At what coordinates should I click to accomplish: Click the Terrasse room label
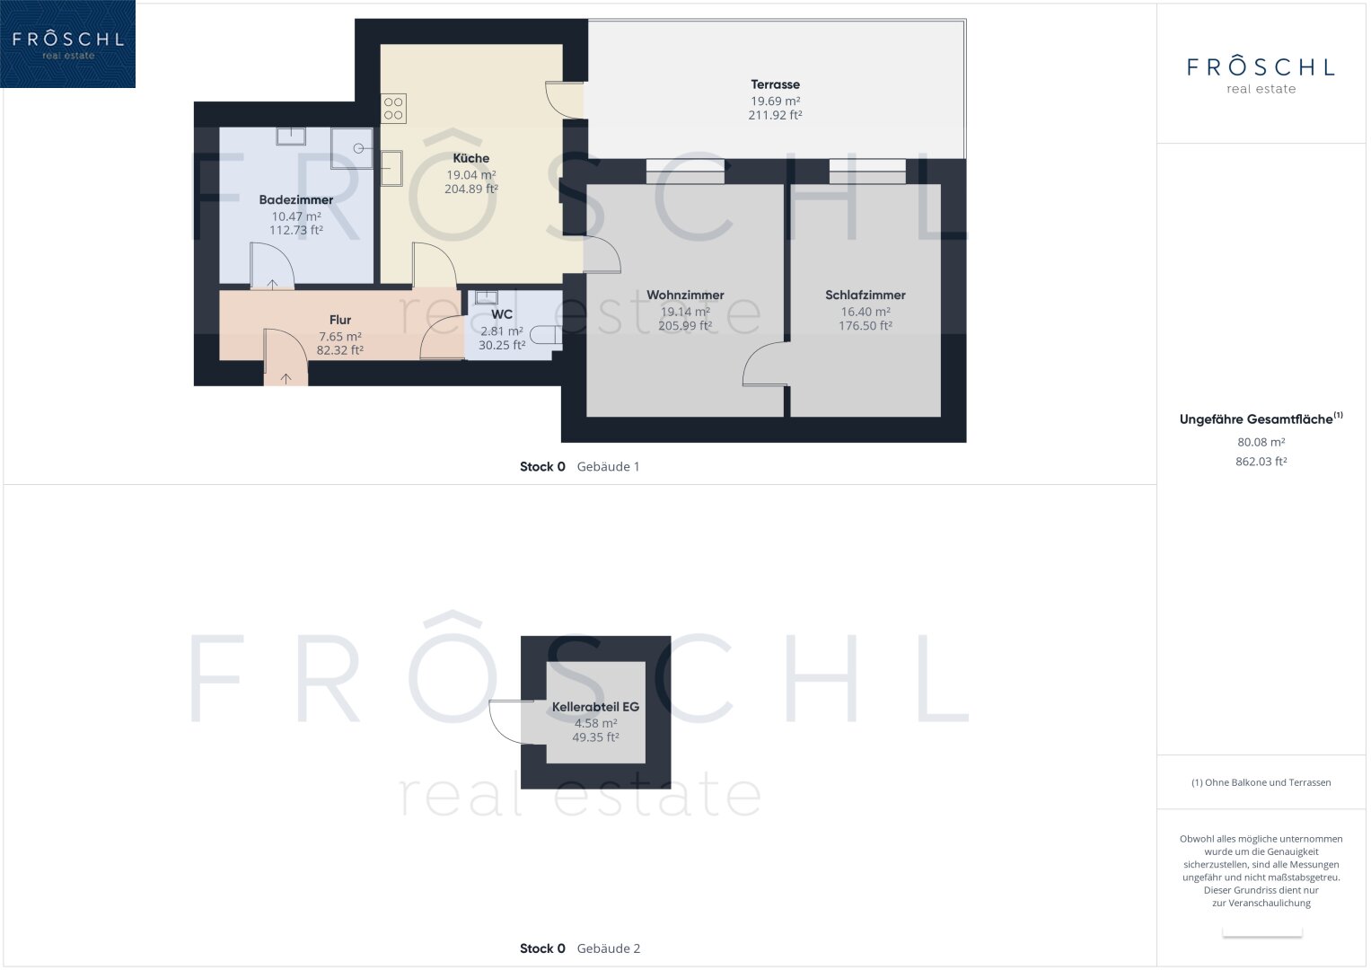[x=775, y=84]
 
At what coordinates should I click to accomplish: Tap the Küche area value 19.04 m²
[x=470, y=175]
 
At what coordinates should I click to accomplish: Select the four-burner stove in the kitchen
[x=393, y=109]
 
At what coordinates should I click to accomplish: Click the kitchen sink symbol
[x=391, y=169]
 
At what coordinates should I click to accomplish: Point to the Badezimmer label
[x=295, y=199]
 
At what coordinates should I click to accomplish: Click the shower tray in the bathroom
[x=352, y=148]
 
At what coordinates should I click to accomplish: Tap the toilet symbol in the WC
[x=546, y=335]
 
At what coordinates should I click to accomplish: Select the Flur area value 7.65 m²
[x=339, y=337]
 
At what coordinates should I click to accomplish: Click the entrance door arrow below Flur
[x=286, y=379]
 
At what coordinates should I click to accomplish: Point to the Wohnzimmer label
[x=685, y=295]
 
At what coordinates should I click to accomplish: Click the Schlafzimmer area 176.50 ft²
[x=865, y=326]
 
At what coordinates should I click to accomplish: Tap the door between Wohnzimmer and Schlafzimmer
[x=765, y=364]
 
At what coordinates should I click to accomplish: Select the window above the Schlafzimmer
[x=867, y=172]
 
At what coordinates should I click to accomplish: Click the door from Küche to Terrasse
[x=564, y=100]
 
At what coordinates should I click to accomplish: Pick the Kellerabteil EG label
[x=595, y=707]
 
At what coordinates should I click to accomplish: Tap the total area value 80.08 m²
[x=1261, y=442]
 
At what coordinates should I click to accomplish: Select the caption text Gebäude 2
[x=609, y=948]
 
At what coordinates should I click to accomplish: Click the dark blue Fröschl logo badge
[x=67, y=44]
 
